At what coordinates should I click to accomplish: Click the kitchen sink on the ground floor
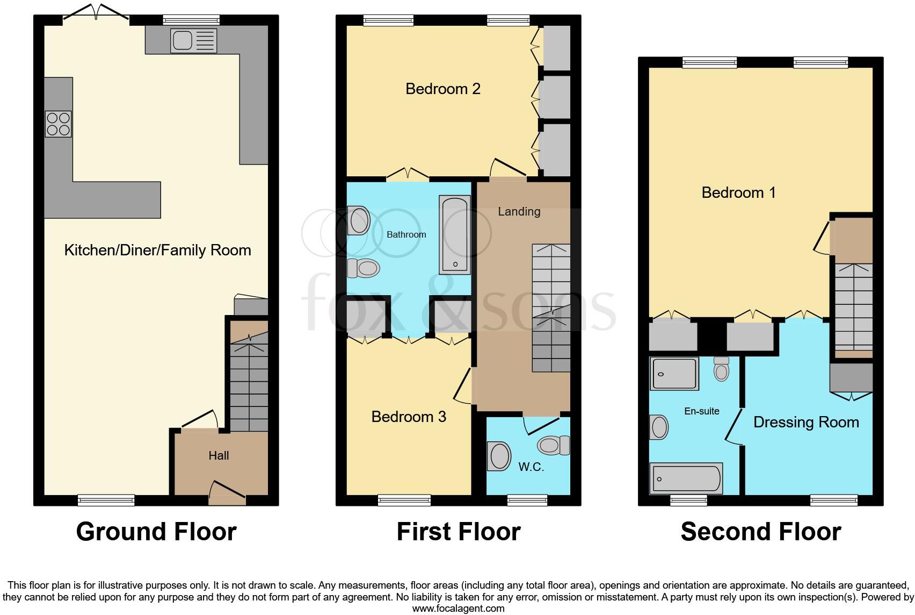coord(193,41)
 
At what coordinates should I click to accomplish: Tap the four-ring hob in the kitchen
coord(58,124)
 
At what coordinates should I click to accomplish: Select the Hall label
coord(219,456)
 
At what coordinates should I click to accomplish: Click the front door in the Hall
coord(227,492)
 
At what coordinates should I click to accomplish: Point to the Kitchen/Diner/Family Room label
coord(157,250)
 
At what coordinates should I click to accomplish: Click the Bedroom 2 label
coord(442,89)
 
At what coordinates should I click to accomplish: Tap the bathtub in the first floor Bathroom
coord(455,234)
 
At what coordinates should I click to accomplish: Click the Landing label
coord(519,211)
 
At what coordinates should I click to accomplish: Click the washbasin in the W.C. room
coord(499,456)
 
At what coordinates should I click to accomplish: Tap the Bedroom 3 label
coord(409,417)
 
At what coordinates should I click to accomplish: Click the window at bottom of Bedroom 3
coord(404,500)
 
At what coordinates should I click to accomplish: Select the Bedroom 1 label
coord(738,192)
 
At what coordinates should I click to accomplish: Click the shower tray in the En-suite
coord(674,373)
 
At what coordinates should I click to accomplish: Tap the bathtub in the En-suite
coord(686,478)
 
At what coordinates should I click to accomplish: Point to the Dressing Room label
coord(805,422)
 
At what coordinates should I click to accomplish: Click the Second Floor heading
coord(760,532)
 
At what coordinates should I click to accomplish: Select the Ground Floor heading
coord(156,532)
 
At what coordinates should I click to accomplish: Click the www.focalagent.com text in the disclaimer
coord(458,609)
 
